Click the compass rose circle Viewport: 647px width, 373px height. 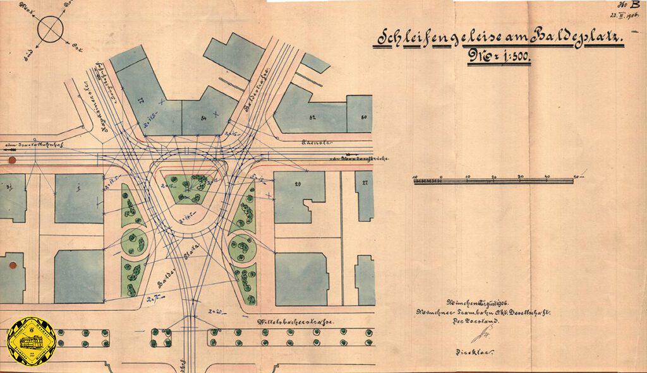tap(51, 29)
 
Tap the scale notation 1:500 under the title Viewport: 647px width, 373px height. tap(499, 61)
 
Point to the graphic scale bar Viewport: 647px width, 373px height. tap(493, 181)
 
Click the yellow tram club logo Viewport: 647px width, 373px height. tap(32, 343)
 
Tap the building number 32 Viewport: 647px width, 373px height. tap(312, 117)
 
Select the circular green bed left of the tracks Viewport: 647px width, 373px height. tap(134, 240)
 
